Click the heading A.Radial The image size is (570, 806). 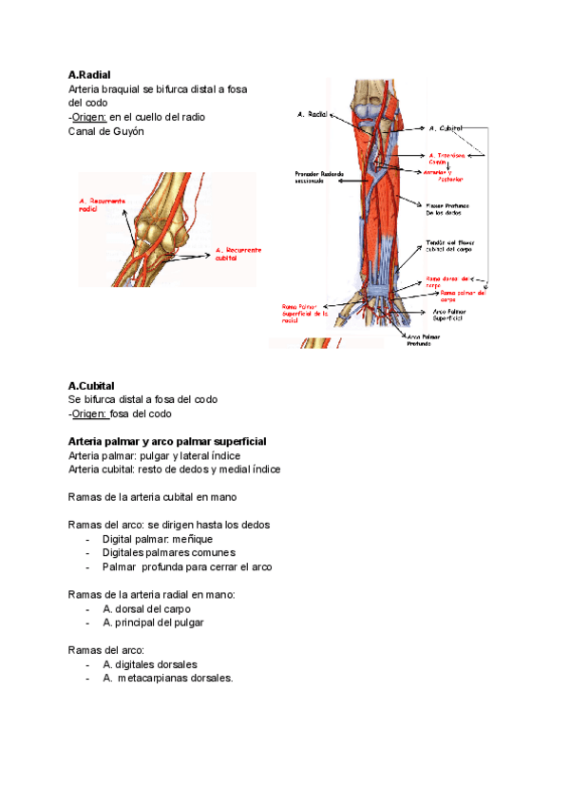(91, 74)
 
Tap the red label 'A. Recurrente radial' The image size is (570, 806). (101, 206)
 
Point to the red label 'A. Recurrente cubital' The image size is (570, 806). (237, 254)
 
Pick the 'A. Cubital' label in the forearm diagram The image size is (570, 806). (445, 127)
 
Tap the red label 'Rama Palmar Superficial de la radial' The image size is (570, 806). (304, 313)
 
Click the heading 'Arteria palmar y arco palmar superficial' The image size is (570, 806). (167, 442)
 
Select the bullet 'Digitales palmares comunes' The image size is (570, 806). (169, 552)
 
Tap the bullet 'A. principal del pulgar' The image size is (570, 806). (153, 623)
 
